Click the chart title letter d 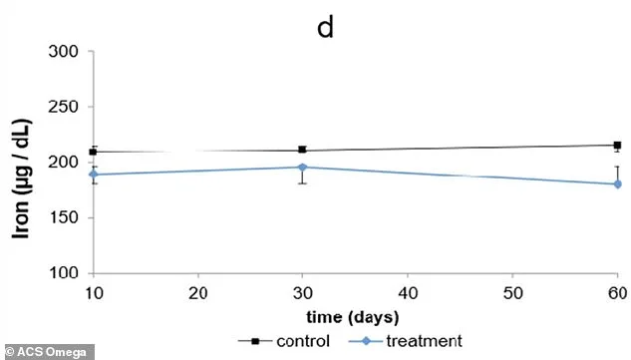coord(325,27)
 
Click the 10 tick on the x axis coord(93,291)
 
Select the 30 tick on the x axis coord(302,291)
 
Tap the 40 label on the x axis coord(407,291)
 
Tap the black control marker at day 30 coord(302,150)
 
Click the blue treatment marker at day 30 coord(302,167)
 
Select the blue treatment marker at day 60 coord(617,183)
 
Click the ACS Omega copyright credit coord(48,351)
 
